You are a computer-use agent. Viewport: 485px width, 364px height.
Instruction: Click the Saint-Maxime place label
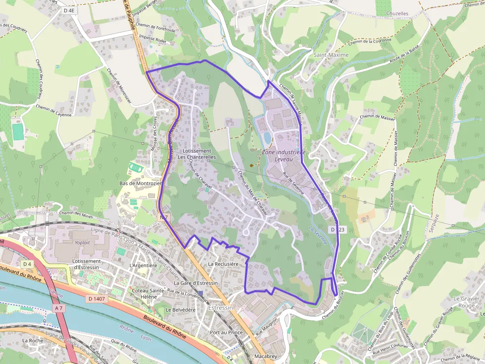(x=331, y=55)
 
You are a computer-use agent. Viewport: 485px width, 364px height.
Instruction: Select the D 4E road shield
(x=69, y=9)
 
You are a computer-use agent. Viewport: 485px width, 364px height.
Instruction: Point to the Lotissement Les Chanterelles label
(x=197, y=154)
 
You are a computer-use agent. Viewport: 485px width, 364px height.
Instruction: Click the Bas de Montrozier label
(x=141, y=183)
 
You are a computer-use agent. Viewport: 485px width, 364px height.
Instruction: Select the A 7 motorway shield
(x=59, y=308)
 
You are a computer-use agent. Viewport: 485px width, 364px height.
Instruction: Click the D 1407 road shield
(x=97, y=298)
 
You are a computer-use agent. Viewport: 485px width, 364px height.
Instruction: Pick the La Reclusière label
(x=224, y=264)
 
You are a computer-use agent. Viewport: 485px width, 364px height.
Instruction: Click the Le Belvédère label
(x=181, y=310)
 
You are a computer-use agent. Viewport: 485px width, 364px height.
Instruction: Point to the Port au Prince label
(x=226, y=332)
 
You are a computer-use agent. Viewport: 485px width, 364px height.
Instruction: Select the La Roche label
(x=33, y=340)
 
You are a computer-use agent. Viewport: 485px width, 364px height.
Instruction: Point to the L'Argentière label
(x=143, y=265)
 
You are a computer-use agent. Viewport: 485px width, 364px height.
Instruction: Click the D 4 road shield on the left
(x=26, y=264)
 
